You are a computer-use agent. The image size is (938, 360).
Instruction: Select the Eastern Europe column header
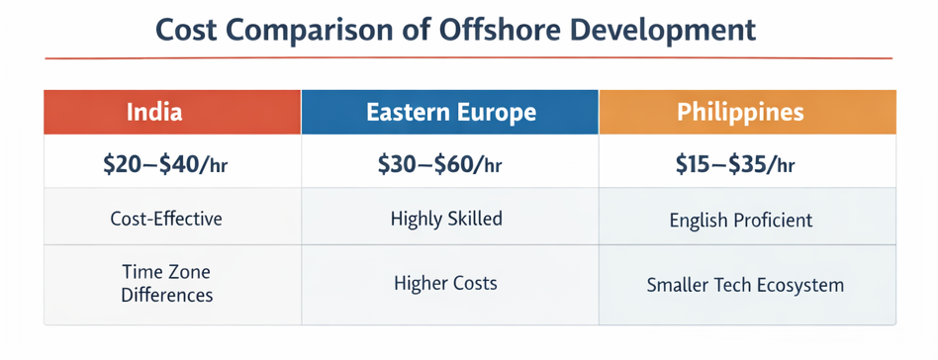[450, 112]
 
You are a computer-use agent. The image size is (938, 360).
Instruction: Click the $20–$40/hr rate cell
[165, 165]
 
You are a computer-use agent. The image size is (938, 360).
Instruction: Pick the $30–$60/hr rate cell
[441, 165]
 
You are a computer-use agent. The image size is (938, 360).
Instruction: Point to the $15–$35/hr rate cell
[735, 165]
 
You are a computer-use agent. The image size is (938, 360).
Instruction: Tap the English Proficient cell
[741, 220]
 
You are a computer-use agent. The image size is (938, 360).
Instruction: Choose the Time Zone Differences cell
[166, 282]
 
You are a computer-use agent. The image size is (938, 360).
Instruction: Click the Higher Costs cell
[445, 284]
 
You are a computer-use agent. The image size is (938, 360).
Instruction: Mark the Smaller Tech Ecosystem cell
[745, 285]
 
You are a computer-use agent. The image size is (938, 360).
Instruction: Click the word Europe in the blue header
[501, 112]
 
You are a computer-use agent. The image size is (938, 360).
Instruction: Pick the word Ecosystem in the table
[798, 285]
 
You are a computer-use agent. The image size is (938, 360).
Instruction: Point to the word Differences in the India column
[166, 294]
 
